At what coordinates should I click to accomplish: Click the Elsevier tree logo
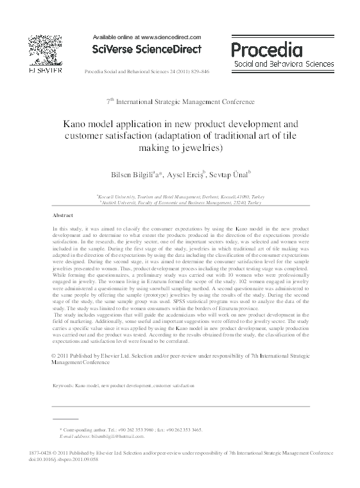pyautogui.click(x=44, y=50)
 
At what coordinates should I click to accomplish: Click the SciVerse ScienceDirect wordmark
pyautogui.click(x=148, y=49)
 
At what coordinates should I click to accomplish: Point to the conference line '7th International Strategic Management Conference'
pyautogui.click(x=180, y=101)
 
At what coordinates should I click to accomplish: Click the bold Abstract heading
pyautogui.click(x=62, y=216)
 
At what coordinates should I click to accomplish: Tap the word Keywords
pyautogui.click(x=65, y=387)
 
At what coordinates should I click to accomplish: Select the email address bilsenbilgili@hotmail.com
pyautogui.click(x=116, y=435)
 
